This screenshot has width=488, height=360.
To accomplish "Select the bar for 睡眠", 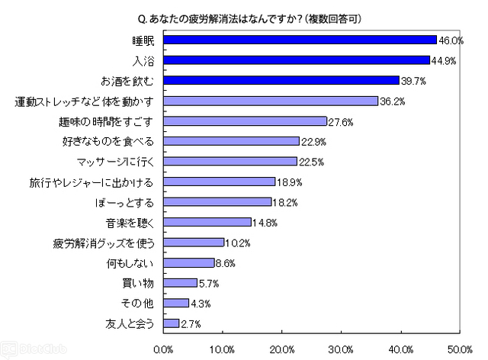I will pyautogui.click(x=300, y=40).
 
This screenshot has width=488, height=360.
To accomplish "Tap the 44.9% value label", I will pyautogui.click(x=444, y=60).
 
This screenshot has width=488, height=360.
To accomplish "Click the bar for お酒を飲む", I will pyautogui.click(x=281, y=80).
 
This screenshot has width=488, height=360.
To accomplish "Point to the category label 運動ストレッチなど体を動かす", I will pyautogui.click(x=85, y=101).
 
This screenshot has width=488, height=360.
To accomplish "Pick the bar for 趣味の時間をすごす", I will pyautogui.click(x=245, y=121).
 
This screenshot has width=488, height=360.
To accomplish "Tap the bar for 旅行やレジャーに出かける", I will pyautogui.click(x=219, y=182).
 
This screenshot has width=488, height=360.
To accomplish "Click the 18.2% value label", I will pyautogui.click(x=284, y=202).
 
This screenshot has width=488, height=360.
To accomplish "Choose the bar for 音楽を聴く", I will pyautogui.click(x=207, y=222).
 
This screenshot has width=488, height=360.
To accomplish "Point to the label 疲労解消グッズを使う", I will pyautogui.click(x=104, y=243).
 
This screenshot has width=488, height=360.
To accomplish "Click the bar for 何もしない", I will pyautogui.click(x=188, y=263).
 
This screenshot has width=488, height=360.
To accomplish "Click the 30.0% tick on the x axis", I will pyautogui.click(x=341, y=349).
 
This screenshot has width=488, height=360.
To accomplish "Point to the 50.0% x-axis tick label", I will pyautogui.click(x=459, y=349).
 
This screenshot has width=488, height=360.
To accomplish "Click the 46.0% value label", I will pyautogui.click(x=450, y=40).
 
